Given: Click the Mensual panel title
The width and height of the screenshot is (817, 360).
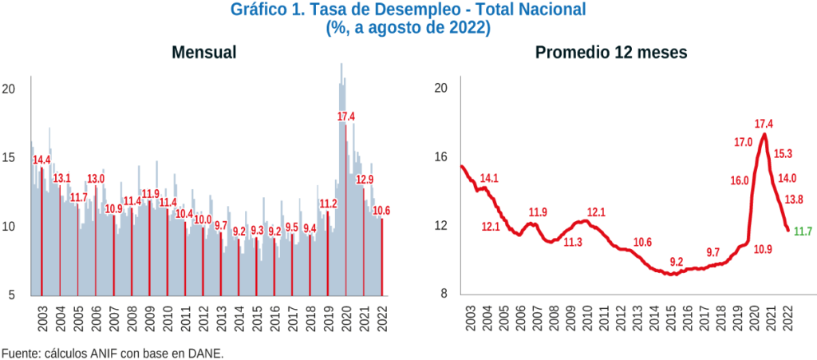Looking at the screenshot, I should tap(203, 53).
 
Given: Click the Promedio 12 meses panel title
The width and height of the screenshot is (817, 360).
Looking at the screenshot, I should tap(611, 53).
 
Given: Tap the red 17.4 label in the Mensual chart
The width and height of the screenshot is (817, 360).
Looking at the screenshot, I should tap(346, 117).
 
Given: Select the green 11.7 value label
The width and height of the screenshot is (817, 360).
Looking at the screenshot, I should tap(802, 231).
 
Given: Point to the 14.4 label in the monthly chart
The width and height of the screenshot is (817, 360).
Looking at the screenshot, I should tap(41, 160).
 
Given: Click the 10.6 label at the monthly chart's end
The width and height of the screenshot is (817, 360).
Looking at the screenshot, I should tap(382, 211).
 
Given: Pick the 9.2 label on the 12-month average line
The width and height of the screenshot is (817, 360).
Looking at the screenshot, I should tap(676, 262).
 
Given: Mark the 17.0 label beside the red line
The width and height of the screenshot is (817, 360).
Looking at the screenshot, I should tap(742, 142).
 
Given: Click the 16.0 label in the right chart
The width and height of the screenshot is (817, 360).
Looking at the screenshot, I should tap(740, 180).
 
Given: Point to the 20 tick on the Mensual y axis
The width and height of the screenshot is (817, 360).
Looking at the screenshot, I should tap(9, 89).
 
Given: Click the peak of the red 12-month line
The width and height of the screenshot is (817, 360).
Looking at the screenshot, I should tap(764, 133).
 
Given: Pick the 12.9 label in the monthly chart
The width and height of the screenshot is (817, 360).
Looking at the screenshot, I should tap(365, 180).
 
